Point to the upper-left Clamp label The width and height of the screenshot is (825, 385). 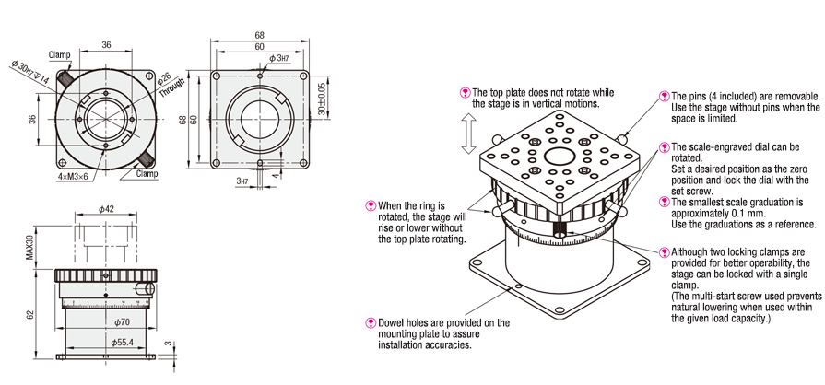(x=60, y=54)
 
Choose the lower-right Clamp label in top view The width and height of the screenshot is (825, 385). (x=147, y=173)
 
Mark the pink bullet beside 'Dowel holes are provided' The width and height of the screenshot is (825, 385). (x=370, y=322)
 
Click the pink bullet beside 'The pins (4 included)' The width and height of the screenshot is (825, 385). (x=664, y=96)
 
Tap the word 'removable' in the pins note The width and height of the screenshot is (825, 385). (x=794, y=96)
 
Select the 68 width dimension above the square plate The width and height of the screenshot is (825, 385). (x=259, y=36)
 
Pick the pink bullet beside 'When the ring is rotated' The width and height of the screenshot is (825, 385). (x=370, y=204)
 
